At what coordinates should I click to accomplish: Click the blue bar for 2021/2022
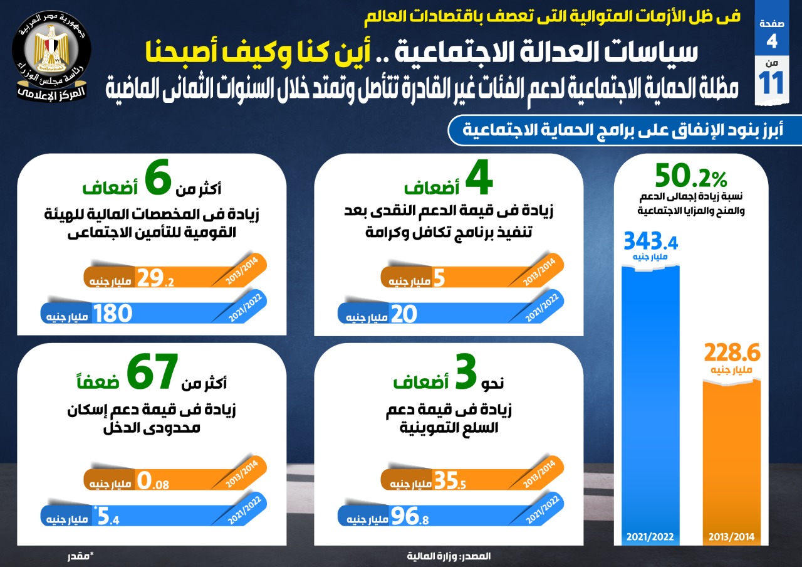[x=650, y=401]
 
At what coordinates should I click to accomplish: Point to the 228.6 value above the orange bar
[x=732, y=352]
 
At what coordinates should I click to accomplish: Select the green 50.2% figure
[x=691, y=176]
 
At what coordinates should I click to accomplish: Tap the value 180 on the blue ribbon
[x=113, y=314]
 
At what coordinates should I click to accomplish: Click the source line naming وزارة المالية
[x=448, y=556]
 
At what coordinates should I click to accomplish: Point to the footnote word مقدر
[x=80, y=556]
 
